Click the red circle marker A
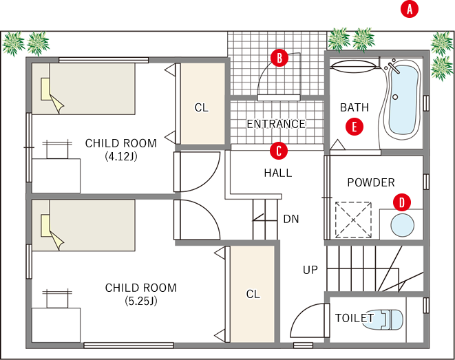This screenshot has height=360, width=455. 410,10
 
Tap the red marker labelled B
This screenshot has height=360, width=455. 279,58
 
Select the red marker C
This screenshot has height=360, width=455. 279,151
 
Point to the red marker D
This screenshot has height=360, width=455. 402,202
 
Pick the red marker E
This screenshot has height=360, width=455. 355,127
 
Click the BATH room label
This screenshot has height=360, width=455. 355,107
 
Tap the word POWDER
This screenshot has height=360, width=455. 371,182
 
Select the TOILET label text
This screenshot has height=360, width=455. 355,318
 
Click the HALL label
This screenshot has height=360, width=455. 278,173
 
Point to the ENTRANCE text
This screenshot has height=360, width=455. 276,124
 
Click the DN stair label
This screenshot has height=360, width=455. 291,219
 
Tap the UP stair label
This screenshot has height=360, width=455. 310,270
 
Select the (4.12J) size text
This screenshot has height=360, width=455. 121,157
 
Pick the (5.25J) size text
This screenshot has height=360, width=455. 141,301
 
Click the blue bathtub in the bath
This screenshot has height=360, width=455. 403,99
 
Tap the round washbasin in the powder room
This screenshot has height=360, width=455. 402,225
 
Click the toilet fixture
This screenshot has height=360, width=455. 383,319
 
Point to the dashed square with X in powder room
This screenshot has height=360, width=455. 353,220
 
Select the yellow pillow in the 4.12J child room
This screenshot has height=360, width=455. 46,89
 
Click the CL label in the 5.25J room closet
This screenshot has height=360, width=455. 253,294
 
